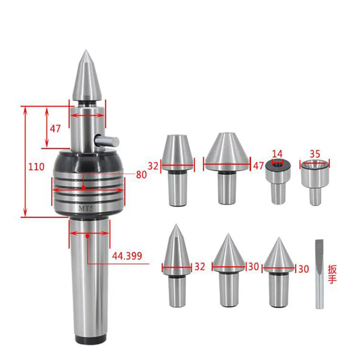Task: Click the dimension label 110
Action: pyautogui.click(x=36, y=167)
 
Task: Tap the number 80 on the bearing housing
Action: pyautogui.click(x=141, y=175)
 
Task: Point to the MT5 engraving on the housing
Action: pyautogui.click(x=85, y=208)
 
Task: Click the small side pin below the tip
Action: pyautogui.click(x=107, y=141)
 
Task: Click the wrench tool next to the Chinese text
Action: pyautogui.click(x=319, y=274)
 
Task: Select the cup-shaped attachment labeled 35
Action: pyautogui.click(x=315, y=178)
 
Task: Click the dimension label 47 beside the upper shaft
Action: pyautogui.click(x=55, y=128)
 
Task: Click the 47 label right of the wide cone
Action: pyautogui.click(x=258, y=166)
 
